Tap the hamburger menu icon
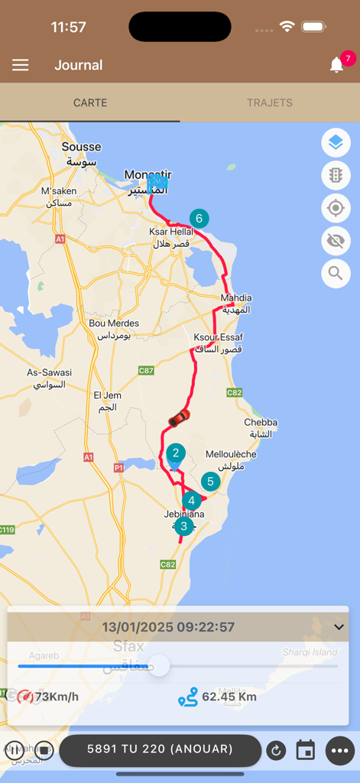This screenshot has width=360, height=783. click(x=21, y=65)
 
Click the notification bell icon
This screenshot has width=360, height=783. click(x=336, y=65)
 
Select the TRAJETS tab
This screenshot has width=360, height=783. click(x=269, y=102)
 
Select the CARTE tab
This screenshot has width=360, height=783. click(x=90, y=102)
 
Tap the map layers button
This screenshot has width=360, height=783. click(x=336, y=143)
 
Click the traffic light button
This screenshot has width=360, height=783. click(x=336, y=176)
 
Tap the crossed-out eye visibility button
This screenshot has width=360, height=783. click(x=336, y=241)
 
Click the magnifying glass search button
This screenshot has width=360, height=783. click(x=336, y=273)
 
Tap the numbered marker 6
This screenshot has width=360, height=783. click(x=199, y=219)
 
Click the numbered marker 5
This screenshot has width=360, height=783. click(x=210, y=482)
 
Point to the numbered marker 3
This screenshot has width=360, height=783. click(x=183, y=526)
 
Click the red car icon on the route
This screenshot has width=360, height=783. click(x=179, y=417)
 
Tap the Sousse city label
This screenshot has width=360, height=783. click(x=81, y=147)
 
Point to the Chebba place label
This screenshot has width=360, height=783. click(x=261, y=422)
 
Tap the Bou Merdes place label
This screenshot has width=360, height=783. click(x=114, y=323)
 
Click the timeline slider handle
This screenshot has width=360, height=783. click(x=159, y=665)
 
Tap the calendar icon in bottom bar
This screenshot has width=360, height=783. click(x=306, y=750)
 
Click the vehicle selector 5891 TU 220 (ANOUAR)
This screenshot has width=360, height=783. click(x=160, y=749)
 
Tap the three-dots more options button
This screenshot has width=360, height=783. click(x=340, y=750)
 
